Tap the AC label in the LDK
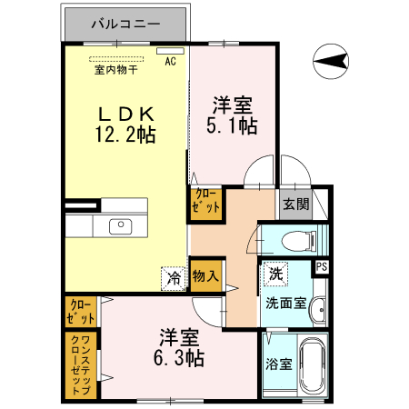[x=169, y=62]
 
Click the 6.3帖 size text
[x=174, y=355]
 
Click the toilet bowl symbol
[x=296, y=241]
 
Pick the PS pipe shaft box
[x=322, y=266]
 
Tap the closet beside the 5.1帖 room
[x=205, y=202]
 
